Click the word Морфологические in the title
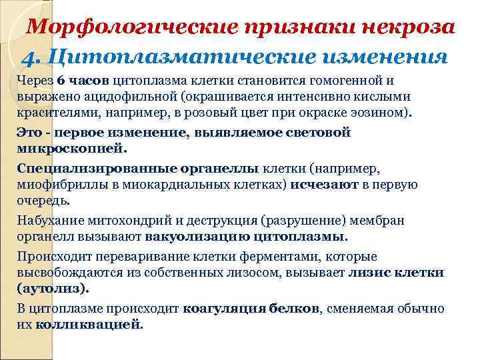tap(133, 27)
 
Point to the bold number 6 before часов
tap(61, 81)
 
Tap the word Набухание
tap(49, 221)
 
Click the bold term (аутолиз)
tap(52, 287)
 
